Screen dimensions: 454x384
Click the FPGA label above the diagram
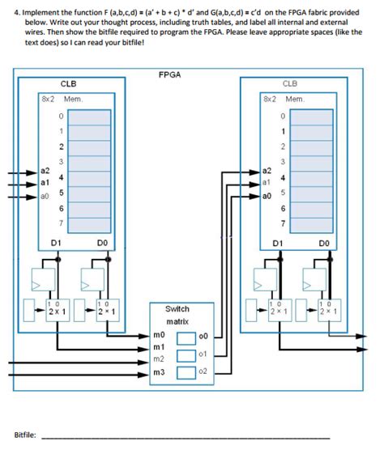170,74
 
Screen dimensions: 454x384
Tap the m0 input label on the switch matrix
159,334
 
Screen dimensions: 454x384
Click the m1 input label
159,346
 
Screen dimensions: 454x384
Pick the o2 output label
203,371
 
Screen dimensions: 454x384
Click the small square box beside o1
187,354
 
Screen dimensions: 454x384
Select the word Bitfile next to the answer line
25,435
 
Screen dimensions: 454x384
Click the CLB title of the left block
68,83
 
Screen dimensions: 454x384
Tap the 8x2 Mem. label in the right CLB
283,99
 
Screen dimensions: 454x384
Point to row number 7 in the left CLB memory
59,222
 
